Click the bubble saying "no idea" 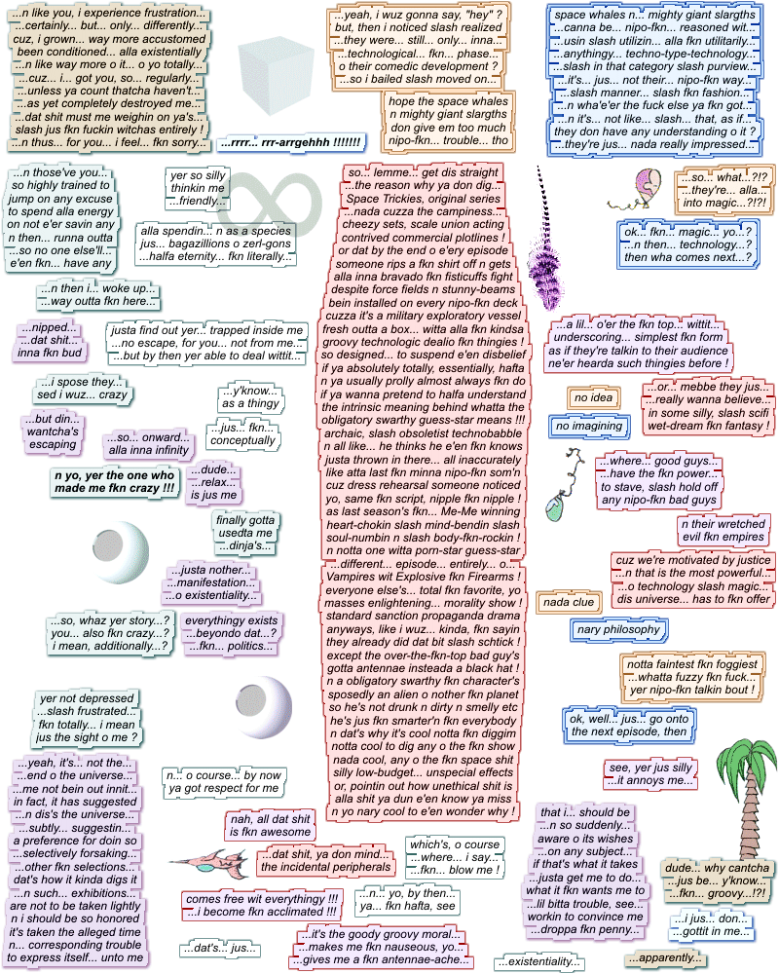(594, 398)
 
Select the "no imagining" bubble (588, 426)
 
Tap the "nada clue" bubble (570, 602)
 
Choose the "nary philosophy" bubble (618, 630)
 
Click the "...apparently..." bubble (665, 957)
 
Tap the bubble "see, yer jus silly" (649, 773)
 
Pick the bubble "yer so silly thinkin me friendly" (197, 188)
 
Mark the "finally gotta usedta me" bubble (244, 533)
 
